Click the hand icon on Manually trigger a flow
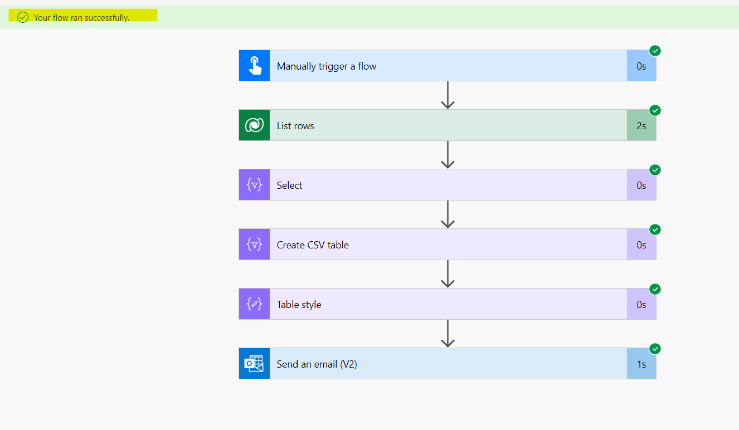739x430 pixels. coord(254,66)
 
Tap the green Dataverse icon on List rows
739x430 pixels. coord(254,125)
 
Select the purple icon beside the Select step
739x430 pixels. coord(254,185)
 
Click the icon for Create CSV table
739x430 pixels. coord(254,245)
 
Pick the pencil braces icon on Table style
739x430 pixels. coord(254,304)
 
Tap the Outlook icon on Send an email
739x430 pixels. coord(254,364)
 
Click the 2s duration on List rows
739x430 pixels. coord(641,126)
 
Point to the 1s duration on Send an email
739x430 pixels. coord(641,364)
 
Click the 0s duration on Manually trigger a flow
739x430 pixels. coord(641,66)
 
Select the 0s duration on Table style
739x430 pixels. coord(641,304)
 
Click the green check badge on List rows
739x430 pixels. coord(655,110)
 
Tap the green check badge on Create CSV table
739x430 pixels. coord(655,229)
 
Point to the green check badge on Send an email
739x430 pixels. coord(655,349)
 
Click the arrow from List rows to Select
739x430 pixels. coord(448,155)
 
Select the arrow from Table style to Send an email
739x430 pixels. coord(448,334)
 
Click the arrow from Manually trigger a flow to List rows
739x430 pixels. coord(448,95)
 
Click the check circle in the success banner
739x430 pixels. coord(23,17)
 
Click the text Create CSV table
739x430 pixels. coord(313,245)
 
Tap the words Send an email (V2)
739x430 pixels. coord(317,364)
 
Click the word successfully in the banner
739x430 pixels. coord(107,18)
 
